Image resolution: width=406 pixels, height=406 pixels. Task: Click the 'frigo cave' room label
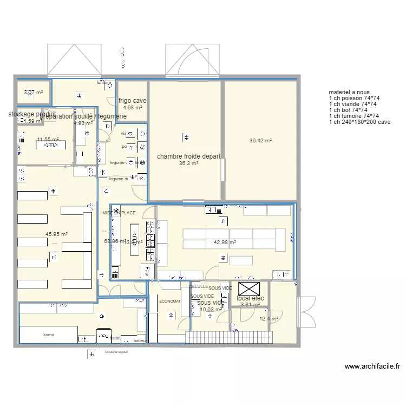tap(132, 101)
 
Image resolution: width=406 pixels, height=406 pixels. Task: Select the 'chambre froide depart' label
tap(188, 156)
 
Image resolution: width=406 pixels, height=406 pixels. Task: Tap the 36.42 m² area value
tap(260, 141)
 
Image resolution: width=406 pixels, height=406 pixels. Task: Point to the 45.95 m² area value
tap(56, 234)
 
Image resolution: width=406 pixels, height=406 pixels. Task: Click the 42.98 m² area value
tap(225, 243)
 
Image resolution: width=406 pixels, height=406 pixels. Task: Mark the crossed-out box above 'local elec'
tap(250, 288)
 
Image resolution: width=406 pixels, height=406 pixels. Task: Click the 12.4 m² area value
tap(269, 319)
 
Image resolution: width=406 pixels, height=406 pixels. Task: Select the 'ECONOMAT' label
tap(169, 301)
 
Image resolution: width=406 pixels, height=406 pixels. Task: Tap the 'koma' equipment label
tap(48, 336)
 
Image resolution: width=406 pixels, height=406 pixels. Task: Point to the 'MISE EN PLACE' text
tap(119, 213)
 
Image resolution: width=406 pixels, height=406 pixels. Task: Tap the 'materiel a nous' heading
tap(349, 92)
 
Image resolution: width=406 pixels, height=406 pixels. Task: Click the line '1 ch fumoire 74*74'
tap(353, 116)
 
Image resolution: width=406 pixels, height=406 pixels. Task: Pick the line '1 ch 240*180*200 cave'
tap(359, 122)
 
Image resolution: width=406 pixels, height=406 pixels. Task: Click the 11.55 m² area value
tap(48, 140)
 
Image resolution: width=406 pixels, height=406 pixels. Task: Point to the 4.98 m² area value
tap(132, 108)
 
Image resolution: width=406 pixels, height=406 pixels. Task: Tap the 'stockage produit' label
tap(32, 114)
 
